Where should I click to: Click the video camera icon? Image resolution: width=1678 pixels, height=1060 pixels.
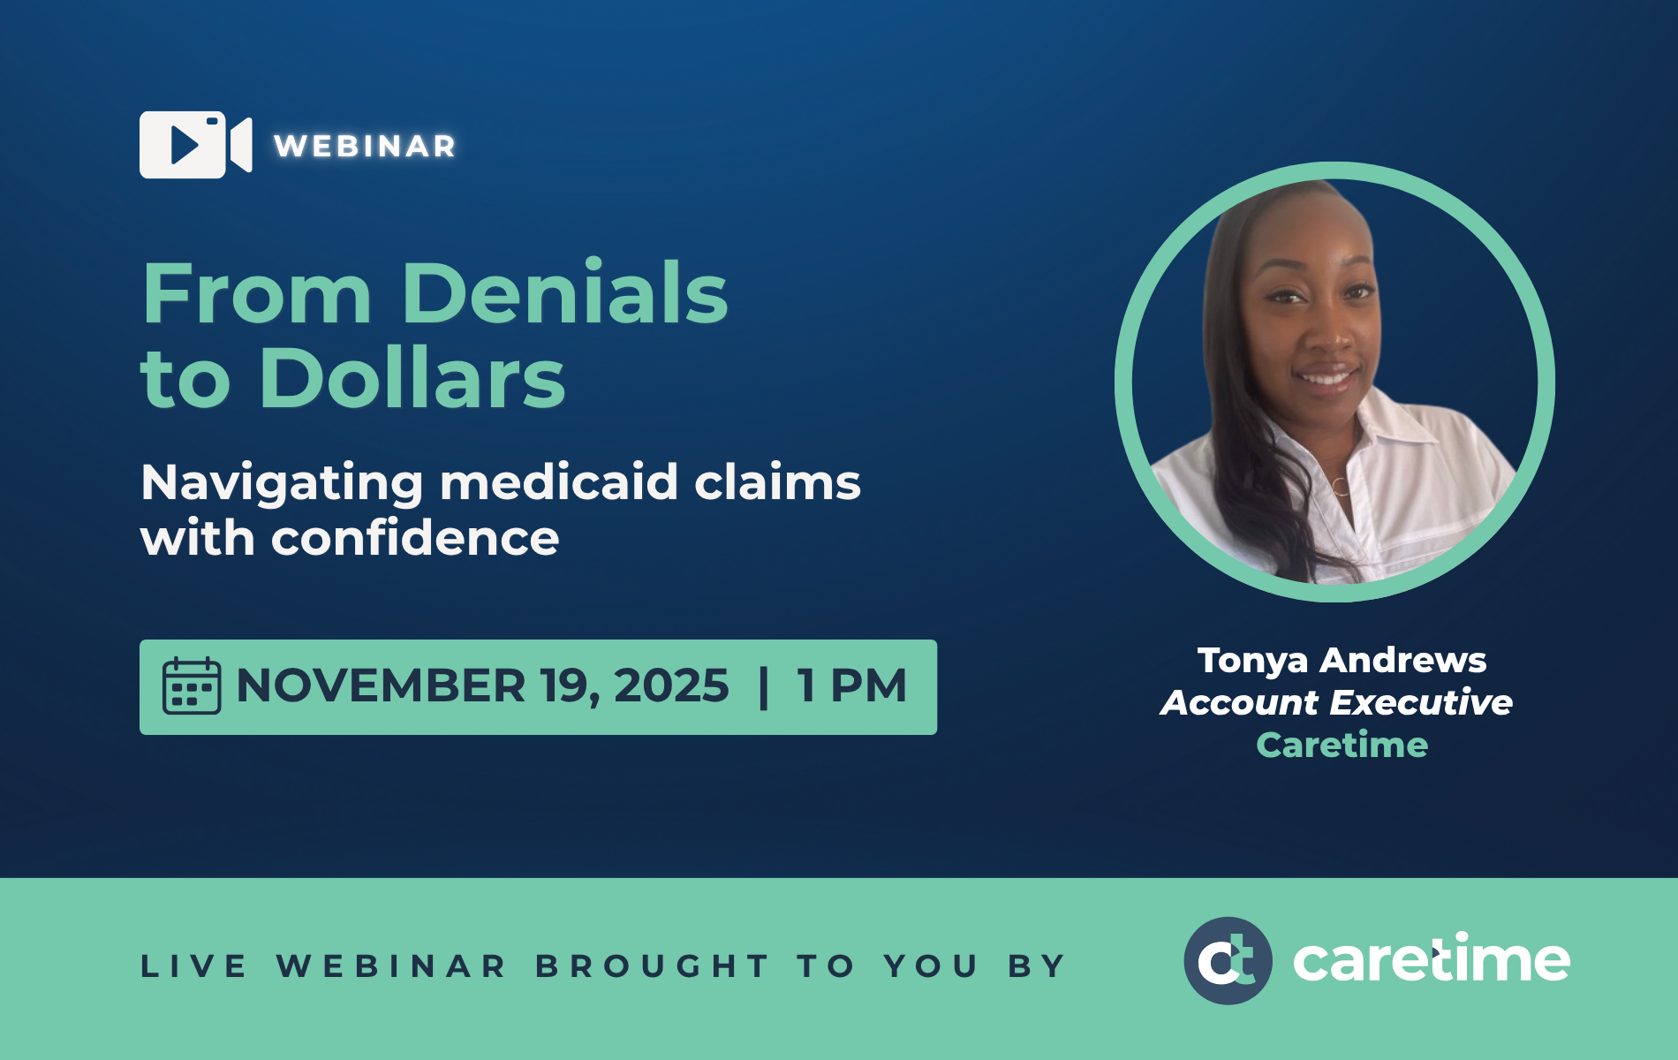pos(195,145)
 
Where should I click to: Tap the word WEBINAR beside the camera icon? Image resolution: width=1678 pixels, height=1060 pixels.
pos(365,146)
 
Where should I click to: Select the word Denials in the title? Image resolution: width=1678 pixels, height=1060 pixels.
pos(565,292)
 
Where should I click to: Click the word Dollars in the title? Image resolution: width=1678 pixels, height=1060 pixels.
pos(412,378)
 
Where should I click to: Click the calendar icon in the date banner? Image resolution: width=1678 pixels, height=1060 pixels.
pos(192,685)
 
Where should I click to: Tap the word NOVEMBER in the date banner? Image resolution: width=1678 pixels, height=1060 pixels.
pos(382,685)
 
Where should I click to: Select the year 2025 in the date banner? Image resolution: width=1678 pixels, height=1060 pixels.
pos(671,685)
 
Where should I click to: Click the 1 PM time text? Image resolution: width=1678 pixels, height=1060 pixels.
pos(852,685)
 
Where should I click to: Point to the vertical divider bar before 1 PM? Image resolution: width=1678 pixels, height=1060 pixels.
pos(764,687)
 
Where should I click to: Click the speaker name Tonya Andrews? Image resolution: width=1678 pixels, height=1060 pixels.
pos(1342,661)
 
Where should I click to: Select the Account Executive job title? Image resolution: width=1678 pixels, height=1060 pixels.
pos(1337,702)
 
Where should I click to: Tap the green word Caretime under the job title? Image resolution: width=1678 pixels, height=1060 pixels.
pos(1342,745)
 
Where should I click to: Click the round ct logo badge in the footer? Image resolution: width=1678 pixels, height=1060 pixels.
pos(1228,961)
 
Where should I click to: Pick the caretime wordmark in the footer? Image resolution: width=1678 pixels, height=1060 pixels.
pos(1432,959)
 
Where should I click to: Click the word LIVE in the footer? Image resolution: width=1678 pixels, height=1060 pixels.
pos(193,966)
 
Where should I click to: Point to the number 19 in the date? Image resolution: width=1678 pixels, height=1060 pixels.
pos(571,685)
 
